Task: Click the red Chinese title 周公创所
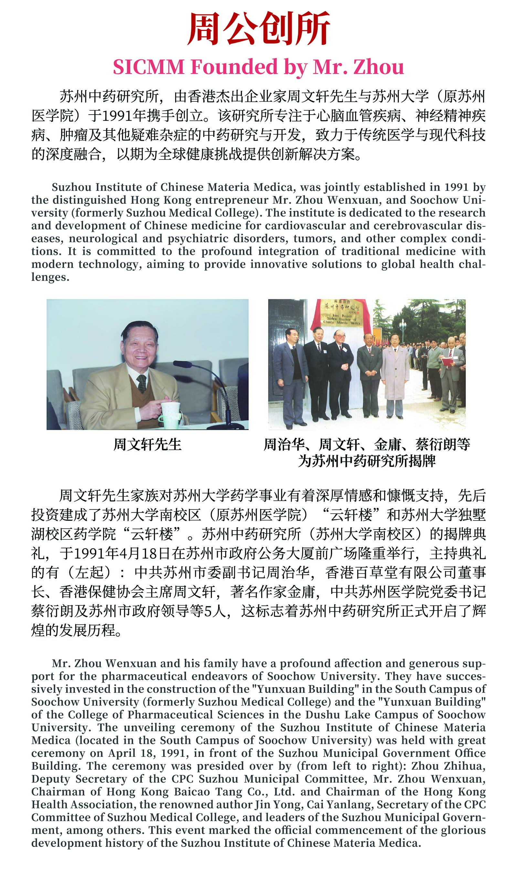[258, 28]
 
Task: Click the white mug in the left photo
[170, 414]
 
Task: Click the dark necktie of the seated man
[142, 383]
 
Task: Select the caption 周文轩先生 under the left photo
[147, 445]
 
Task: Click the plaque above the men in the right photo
[342, 312]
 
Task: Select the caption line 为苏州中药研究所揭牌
[367, 461]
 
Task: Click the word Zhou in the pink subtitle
[379, 67]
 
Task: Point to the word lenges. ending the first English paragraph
[50, 277]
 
